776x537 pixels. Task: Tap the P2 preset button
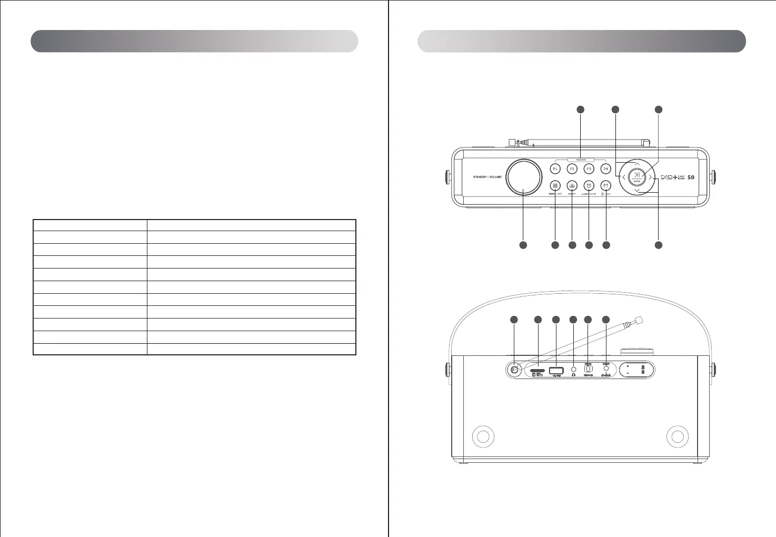pos(572,169)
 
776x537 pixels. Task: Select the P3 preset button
pos(589,169)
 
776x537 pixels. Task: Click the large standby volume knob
pos(524,177)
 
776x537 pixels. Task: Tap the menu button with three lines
pos(555,185)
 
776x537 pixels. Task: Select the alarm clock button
pos(589,185)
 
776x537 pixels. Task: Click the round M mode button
pos(606,185)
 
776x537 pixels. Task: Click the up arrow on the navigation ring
pos(637,164)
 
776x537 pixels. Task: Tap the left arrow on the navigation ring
pos(623,177)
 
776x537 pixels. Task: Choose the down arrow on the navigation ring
pos(637,191)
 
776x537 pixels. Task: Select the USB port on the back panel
pos(556,371)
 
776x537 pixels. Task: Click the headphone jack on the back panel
pos(573,370)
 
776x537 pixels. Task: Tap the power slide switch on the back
pos(589,369)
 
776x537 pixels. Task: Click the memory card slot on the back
pos(538,371)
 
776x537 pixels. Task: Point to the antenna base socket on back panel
pos(514,370)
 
